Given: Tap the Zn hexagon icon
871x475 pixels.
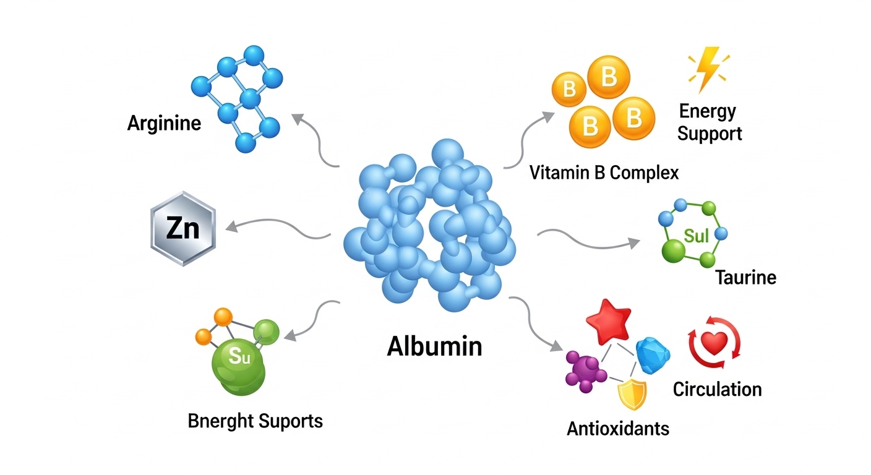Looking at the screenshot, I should pyautogui.click(x=183, y=229).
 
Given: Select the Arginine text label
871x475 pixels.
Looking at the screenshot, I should pyautogui.click(x=164, y=123).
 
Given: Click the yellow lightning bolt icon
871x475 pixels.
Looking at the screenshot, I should pyautogui.click(x=707, y=69).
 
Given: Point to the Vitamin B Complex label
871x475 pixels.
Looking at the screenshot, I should pyautogui.click(x=604, y=172).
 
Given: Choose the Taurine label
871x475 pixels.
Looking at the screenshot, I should pyautogui.click(x=745, y=277).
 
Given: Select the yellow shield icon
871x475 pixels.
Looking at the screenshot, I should pyautogui.click(x=632, y=394).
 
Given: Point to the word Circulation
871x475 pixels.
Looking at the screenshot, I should pyautogui.click(x=717, y=389).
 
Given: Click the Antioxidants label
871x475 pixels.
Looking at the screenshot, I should pyautogui.click(x=618, y=428).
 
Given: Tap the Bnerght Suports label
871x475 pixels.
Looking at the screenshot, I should pyautogui.click(x=255, y=421).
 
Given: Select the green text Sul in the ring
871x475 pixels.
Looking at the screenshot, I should pyautogui.click(x=697, y=235).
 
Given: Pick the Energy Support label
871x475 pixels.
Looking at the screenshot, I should pyautogui.click(x=709, y=122).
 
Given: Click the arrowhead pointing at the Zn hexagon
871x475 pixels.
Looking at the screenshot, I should pyautogui.click(x=230, y=227).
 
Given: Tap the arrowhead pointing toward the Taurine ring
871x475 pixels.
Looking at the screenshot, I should pyautogui.click(x=635, y=242).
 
